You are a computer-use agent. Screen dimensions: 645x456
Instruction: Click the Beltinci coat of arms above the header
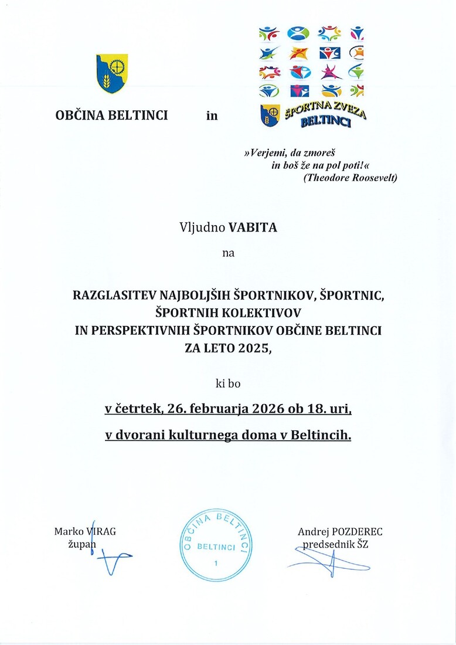tap(111, 74)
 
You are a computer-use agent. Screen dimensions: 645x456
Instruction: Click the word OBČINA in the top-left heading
tap(79, 116)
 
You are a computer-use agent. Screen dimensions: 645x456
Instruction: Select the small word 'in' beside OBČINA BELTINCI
tap(212, 116)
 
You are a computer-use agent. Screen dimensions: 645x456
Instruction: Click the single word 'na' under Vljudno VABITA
tap(227, 253)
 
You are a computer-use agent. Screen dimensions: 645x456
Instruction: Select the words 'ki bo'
tap(227, 384)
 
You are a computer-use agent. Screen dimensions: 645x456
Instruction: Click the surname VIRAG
tap(101, 531)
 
